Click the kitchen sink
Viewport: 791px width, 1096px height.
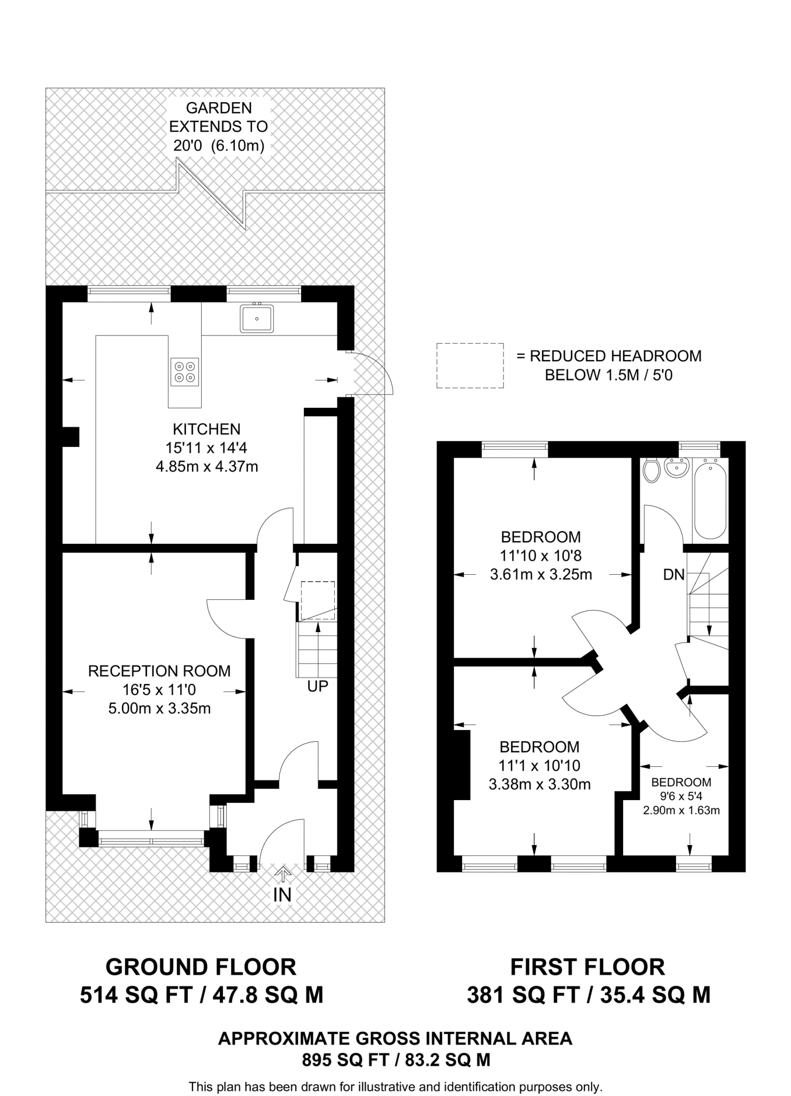tap(257, 318)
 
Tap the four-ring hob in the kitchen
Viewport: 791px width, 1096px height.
tap(185, 371)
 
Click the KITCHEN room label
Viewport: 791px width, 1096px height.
tap(206, 429)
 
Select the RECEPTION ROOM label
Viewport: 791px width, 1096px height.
tap(159, 671)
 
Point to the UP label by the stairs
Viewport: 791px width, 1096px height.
tap(317, 686)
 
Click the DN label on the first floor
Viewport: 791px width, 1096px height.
tap(673, 575)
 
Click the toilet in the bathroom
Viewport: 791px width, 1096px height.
tap(651, 470)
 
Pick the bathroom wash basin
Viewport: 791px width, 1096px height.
tap(677, 468)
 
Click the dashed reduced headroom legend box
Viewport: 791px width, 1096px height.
tap(470, 366)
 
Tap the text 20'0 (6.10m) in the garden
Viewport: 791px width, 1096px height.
tap(219, 146)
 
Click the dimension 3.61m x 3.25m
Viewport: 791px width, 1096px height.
tap(541, 575)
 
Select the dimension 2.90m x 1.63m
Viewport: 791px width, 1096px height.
tap(681, 810)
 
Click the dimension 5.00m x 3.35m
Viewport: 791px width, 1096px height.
tap(159, 709)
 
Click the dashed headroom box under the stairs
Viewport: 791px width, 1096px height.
tap(318, 600)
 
